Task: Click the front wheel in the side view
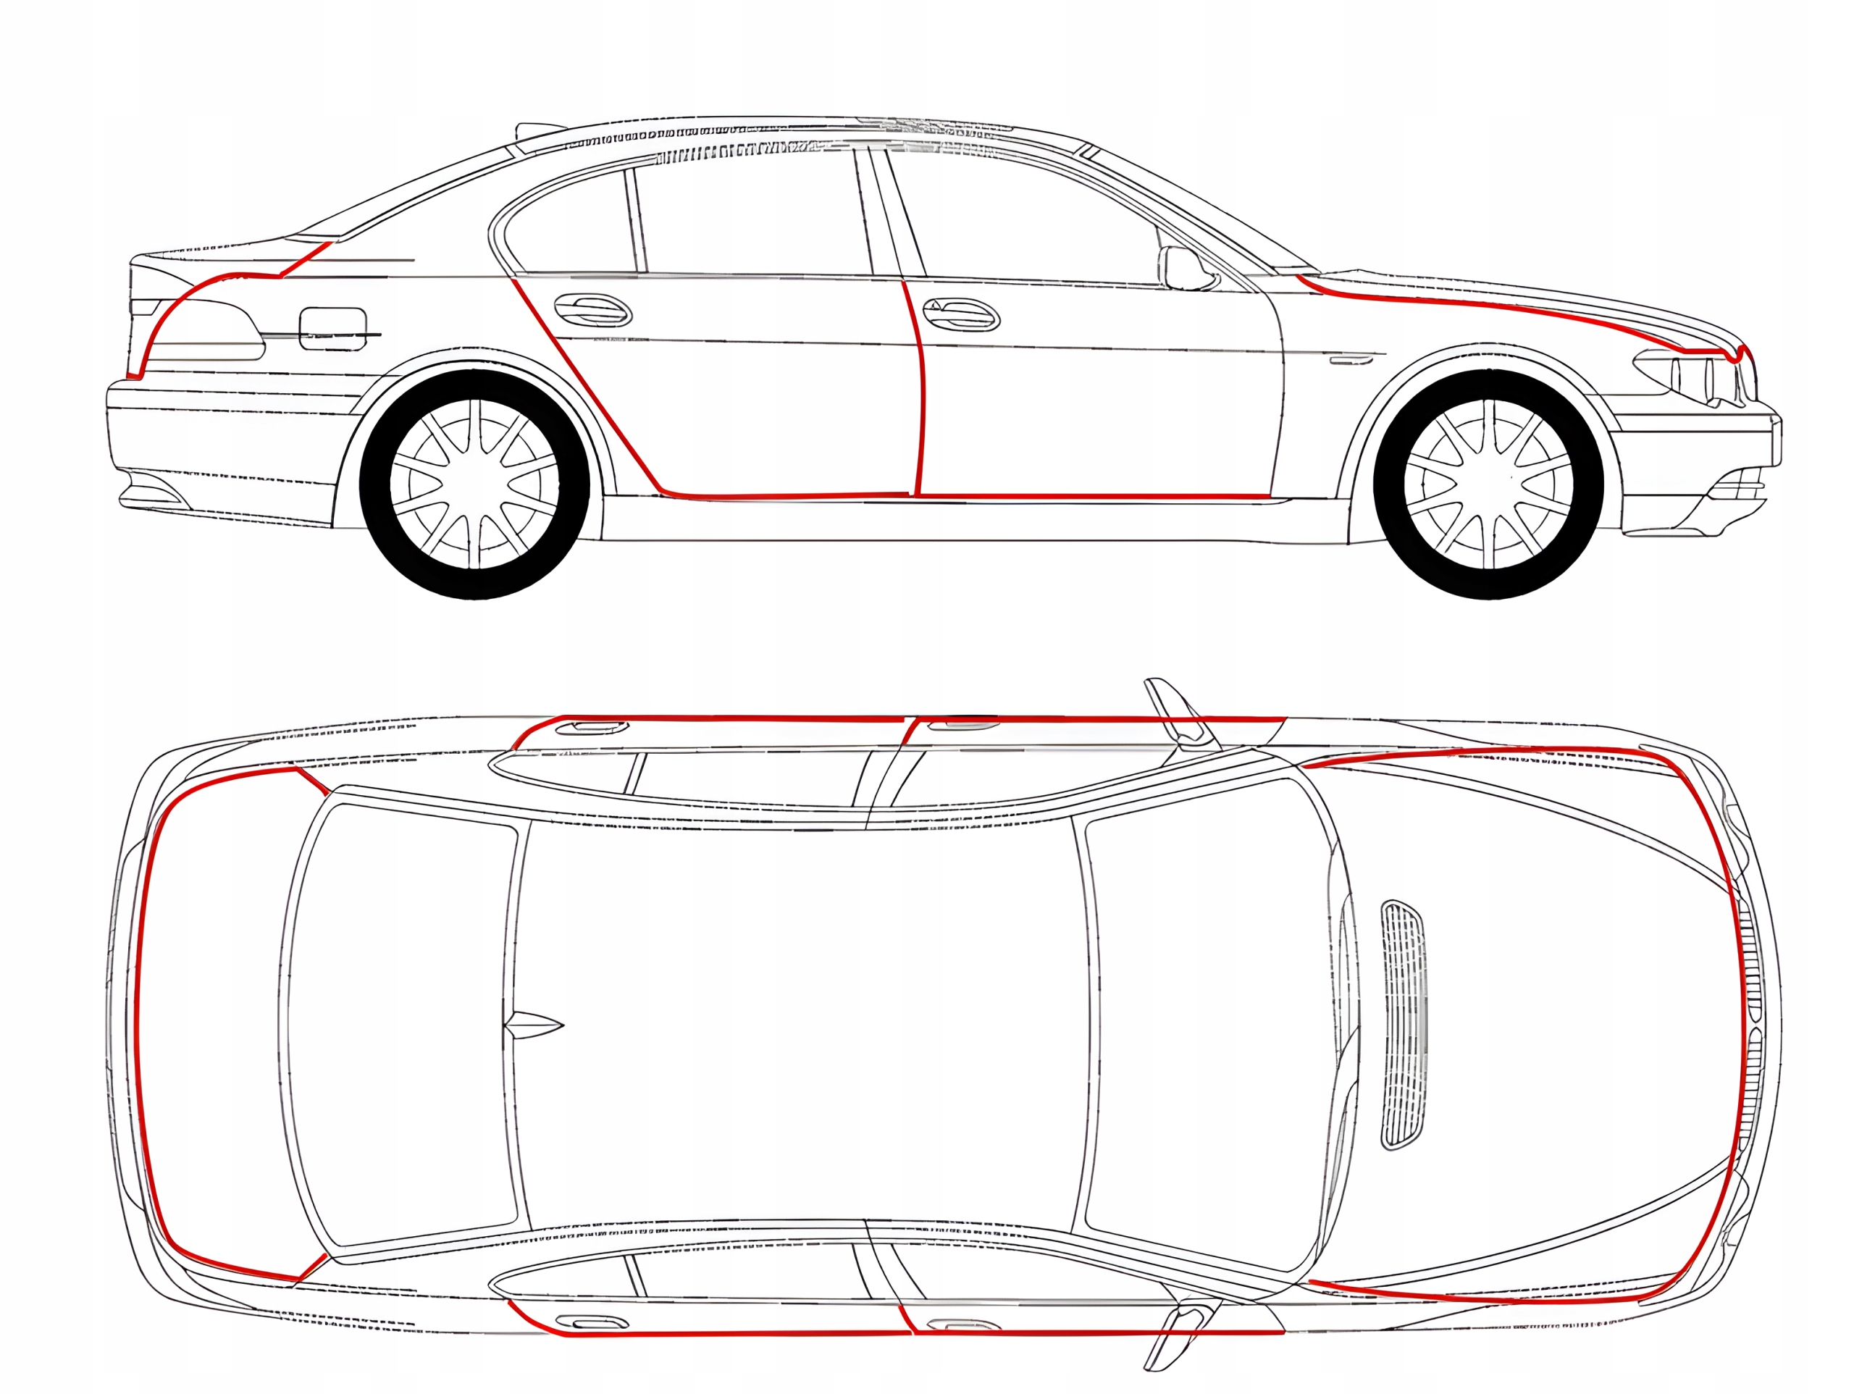(1488, 484)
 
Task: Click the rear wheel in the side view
(474, 484)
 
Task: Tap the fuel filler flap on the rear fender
(332, 329)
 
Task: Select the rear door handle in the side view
(592, 310)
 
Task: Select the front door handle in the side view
(960, 314)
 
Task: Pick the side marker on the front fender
(1350, 361)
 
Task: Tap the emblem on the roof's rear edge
(533, 1025)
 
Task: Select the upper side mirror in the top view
(1180, 713)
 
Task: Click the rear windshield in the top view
(403, 1025)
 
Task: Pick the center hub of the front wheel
(1488, 484)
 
